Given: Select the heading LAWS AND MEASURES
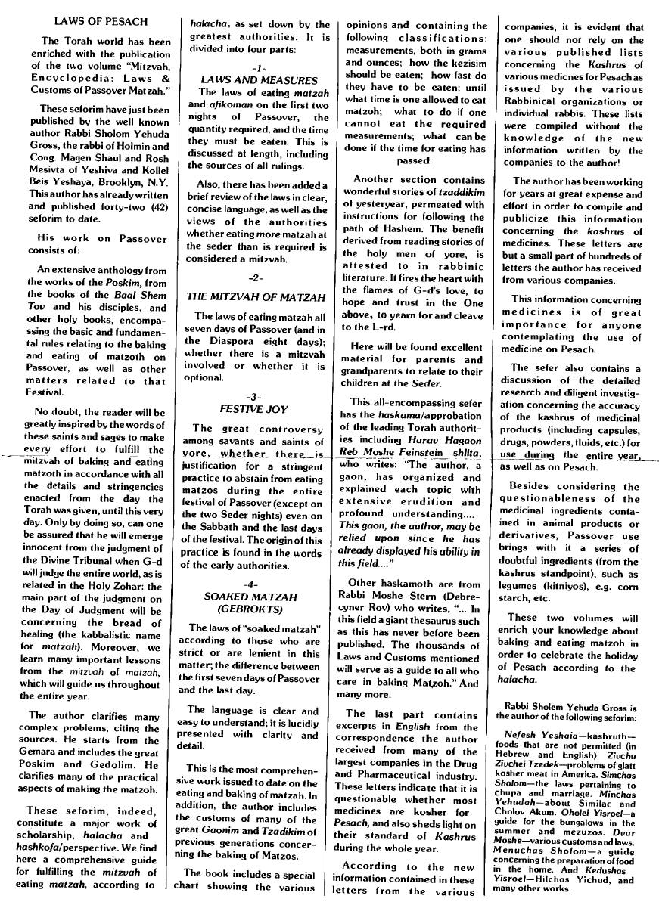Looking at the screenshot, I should [259, 80].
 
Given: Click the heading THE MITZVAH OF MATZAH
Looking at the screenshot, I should [256, 296].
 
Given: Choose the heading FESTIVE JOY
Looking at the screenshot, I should [253, 409].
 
